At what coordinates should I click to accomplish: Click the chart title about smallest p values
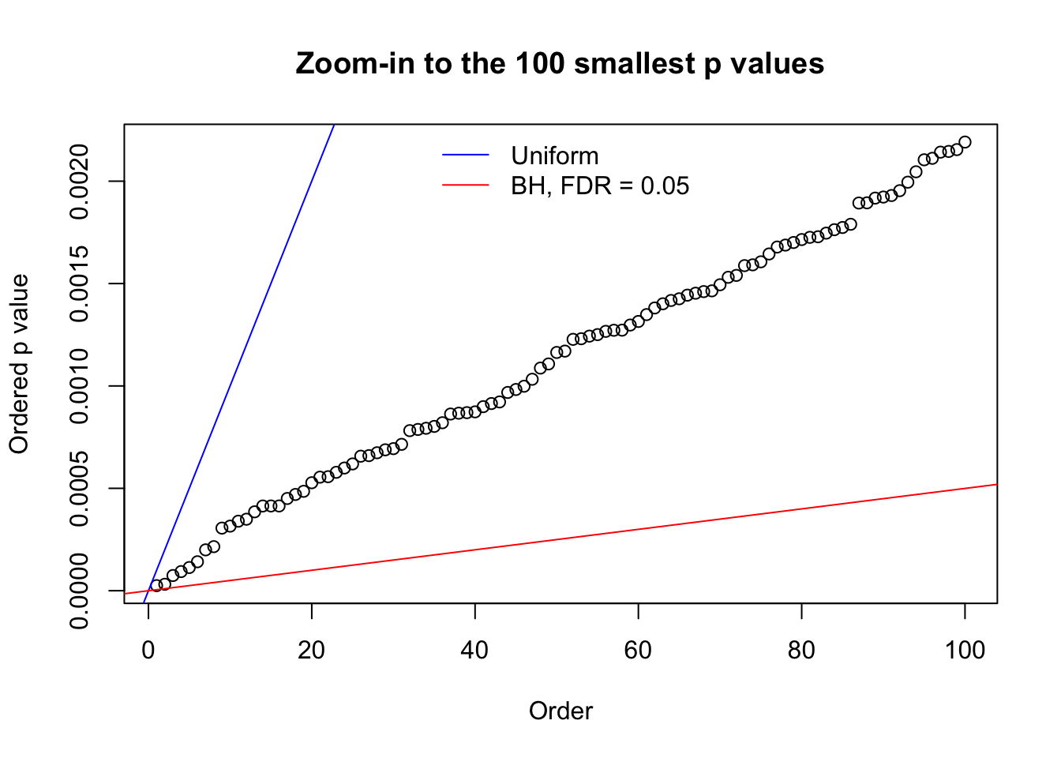560,63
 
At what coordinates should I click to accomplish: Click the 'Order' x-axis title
560,711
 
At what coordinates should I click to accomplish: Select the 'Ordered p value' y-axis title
19,364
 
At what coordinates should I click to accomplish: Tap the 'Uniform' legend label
554,156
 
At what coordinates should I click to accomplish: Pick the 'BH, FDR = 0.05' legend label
599,186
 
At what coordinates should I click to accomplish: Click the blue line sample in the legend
466,156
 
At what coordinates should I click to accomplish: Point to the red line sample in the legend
466,186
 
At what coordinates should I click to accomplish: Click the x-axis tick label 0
148,650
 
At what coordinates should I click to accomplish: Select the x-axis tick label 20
312,650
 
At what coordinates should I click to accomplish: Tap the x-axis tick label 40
475,650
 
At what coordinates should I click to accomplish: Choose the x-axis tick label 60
638,650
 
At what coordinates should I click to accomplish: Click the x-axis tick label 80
801,650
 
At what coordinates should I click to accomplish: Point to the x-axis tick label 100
965,650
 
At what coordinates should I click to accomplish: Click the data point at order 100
965,142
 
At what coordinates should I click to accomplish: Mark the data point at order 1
156,586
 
